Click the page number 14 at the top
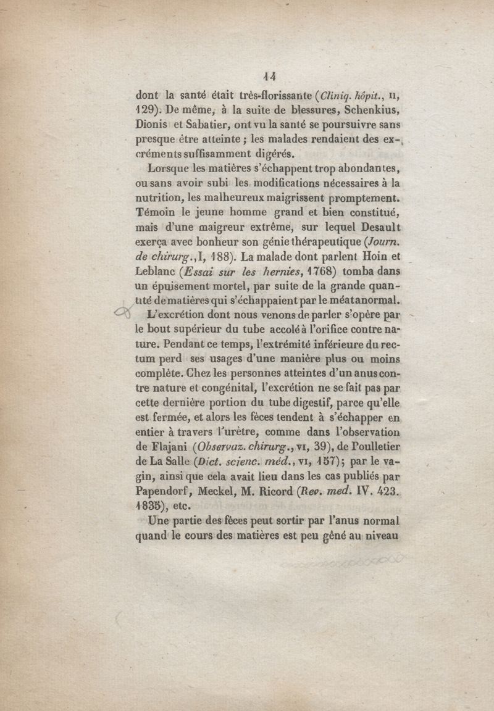point(269,77)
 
